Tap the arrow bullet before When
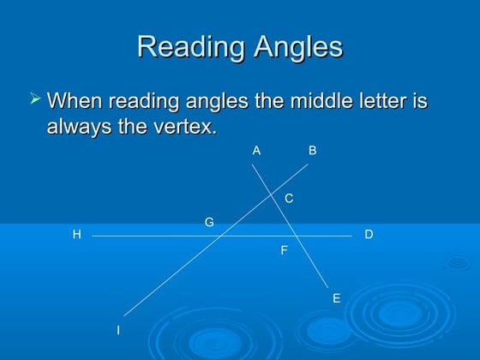pos(35,100)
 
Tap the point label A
pos(256,151)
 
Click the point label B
pos(313,151)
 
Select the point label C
pos(289,199)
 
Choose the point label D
pos(369,234)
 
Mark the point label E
pos(336,298)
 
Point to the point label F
pos(284,251)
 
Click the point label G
pos(209,223)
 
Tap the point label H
pos(76,234)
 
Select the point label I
pos(118,330)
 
